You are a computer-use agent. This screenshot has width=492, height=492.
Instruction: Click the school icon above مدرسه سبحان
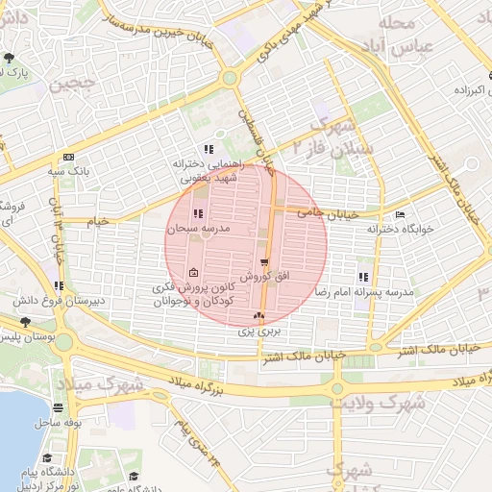point(198,214)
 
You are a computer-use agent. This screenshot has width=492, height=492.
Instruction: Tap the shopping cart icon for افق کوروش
point(264,261)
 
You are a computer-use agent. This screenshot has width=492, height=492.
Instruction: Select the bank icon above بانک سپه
point(67,157)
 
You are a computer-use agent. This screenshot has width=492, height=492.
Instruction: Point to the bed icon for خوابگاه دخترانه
point(400,214)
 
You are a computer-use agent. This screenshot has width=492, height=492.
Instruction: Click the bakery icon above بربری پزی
point(258,315)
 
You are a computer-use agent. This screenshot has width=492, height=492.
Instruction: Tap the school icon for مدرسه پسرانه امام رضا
point(363,277)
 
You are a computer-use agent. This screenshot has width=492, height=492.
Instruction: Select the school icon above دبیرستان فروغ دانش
point(60,285)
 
